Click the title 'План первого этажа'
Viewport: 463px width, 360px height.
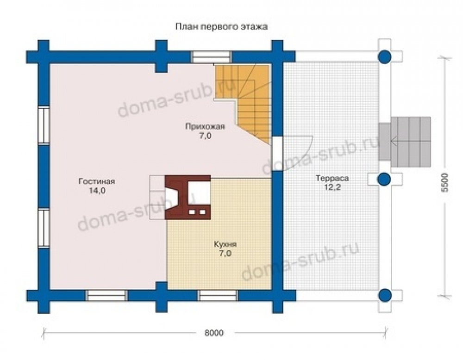(x=221, y=27)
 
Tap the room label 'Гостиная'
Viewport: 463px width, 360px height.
(x=97, y=181)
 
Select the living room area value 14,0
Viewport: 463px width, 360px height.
(x=97, y=191)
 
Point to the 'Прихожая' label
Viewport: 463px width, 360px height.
(x=205, y=127)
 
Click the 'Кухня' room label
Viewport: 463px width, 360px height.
(x=225, y=244)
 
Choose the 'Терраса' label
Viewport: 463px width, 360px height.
(x=332, y=178)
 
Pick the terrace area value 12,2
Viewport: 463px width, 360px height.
(x=332, y=188)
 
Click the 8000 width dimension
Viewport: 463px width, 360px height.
(x=214, y=333)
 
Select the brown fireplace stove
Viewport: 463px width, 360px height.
(x=188, y=197)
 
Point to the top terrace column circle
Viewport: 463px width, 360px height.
(x=384, y=56)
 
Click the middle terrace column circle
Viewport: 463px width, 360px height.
(x=384, y=179)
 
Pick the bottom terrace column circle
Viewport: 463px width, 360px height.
(x=384, y=295)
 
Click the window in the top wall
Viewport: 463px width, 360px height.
(x=211, y=56)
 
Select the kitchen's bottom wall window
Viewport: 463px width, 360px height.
(x=218, y=296)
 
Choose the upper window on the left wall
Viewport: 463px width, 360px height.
(x=44, y=125)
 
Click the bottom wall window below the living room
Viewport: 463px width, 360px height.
(x=106, y=296)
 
